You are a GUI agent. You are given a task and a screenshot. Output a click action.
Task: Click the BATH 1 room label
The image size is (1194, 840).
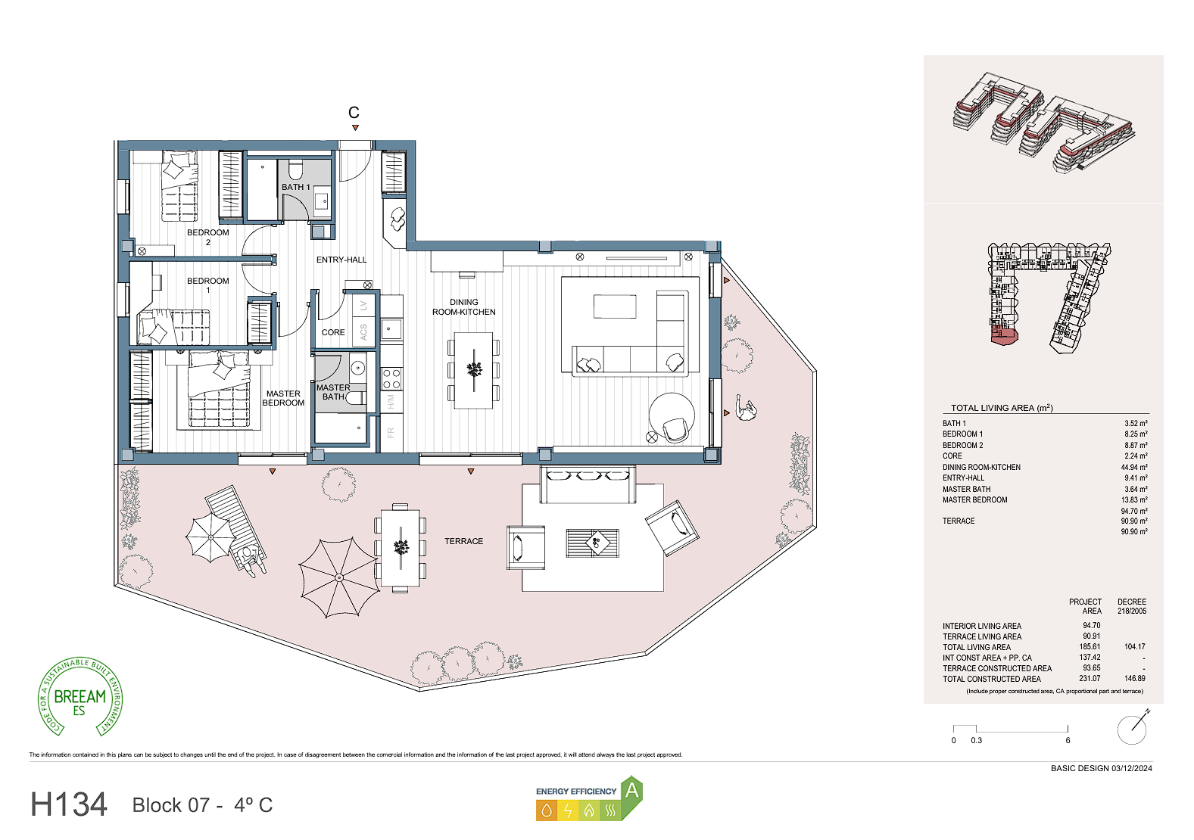click(x=296, y=187)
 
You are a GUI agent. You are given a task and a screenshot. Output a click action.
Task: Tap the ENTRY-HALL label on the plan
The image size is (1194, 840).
click(x=341, y=260)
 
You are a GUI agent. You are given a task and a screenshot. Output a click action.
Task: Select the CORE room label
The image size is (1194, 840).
click(x=333, y=332)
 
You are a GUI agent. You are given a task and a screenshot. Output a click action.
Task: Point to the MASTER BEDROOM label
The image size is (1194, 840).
click(x=283, y=398)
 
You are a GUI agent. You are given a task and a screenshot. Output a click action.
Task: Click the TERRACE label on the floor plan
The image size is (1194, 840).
click(x=463, y=541)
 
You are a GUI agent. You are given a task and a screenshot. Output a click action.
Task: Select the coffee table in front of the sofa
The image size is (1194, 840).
click(x=615, y=306)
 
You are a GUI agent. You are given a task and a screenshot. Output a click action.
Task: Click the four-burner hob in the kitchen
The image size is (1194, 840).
click(x=391, y=378)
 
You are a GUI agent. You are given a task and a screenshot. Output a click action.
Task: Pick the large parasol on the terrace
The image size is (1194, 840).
click(x=339, y=577)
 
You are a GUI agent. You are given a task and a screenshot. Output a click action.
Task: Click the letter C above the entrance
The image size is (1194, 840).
click(x=354, y=113)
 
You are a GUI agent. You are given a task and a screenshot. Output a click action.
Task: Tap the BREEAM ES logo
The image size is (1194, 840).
click(x=80, y=697)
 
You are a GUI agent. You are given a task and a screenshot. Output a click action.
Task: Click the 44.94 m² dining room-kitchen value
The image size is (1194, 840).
click(x=1134, y=467)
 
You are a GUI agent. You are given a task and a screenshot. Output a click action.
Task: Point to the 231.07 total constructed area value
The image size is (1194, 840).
click(x=1090, y=679)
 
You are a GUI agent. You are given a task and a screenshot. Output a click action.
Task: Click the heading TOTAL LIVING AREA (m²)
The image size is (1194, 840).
click(x=1002, y=408)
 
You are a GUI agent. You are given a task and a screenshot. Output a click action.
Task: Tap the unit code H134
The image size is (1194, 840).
click(x=69, y=804)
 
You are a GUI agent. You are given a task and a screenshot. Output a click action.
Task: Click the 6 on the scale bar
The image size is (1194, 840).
click(x=1068, y=740)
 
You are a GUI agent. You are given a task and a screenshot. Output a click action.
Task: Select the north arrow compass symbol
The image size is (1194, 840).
click(x=1133, y=727)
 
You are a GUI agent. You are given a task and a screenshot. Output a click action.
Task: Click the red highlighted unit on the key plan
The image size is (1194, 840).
click(x=1004, y=337)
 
